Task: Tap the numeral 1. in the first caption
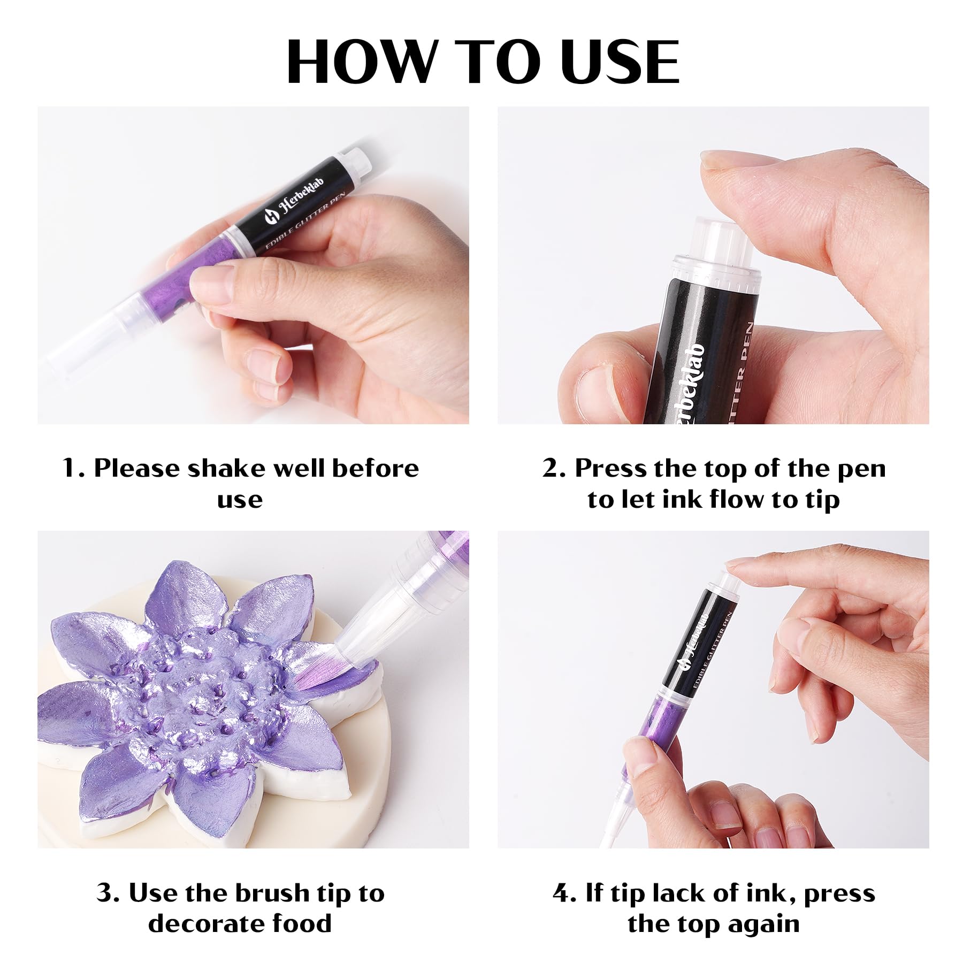point(74,468)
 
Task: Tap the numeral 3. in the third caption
point(109,893)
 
